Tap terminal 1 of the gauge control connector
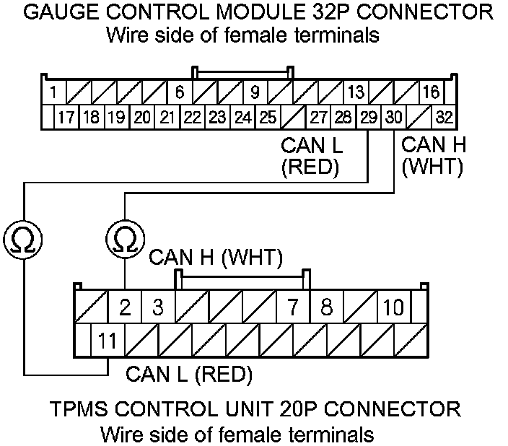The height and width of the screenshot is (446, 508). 54,92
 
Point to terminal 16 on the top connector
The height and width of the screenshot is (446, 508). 431,92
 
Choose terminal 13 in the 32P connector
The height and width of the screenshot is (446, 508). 355,92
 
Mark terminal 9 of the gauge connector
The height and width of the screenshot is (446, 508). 255,92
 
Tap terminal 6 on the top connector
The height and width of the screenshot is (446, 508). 180,92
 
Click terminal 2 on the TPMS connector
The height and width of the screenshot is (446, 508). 125,308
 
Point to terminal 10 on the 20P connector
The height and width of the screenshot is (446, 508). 393,308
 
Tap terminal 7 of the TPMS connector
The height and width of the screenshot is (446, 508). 293,308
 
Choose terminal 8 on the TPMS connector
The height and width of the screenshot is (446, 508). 326,308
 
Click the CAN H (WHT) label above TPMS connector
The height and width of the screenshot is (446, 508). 216,258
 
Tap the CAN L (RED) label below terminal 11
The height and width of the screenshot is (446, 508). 188,375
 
